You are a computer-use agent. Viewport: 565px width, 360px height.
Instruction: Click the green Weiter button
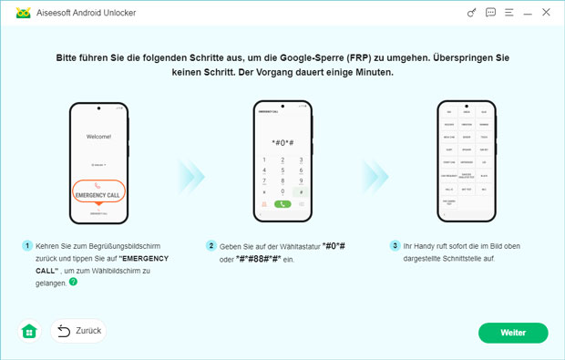pyautogui.click(x=513, y=333)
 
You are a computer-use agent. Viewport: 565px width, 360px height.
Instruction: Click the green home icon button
pyautogui.click(x=29, y=332)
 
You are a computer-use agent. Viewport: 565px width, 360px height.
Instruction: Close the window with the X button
pyautogui.click(x=546, y=13)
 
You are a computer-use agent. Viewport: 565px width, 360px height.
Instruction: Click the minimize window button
pyautogui.click(x=528, y=13)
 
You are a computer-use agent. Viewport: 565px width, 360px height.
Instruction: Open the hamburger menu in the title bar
pyautogui.click(x=509, y=13)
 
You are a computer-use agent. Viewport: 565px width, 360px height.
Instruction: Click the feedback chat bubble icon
pyautogui.click(x=490, y=13)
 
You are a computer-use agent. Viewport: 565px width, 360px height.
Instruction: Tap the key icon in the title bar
pyautogui.click(x=471, y=13)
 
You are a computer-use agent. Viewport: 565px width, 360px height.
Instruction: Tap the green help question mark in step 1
pyautogui.click(x=74, y=283)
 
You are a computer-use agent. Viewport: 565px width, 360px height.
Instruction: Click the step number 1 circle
pyautogui.click(x=27, y=246)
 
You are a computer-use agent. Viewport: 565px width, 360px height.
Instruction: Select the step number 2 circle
pyautogui.click(x=211, y=246)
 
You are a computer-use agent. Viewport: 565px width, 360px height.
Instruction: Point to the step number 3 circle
pyautogui.click(x=395, y=246)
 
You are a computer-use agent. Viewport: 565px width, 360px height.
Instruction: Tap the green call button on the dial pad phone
pyautogui.click(x=282, y=204)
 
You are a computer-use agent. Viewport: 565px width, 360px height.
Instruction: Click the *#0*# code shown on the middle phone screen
pyautogui.click(x=282, y=143)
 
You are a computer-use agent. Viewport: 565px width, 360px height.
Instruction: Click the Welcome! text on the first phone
pyautogui.click(x=98, y=137)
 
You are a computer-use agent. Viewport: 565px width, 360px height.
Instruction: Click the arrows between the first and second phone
pyautogui.click(x=190, y=171)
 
